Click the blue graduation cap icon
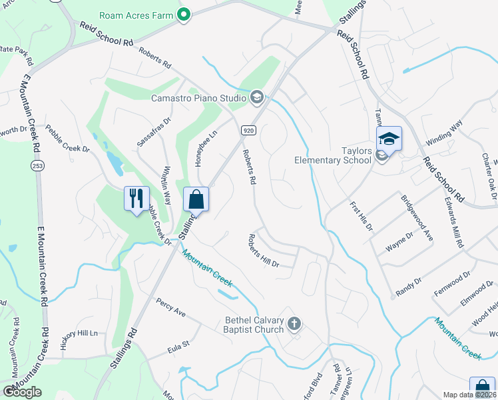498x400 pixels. click(389, 138)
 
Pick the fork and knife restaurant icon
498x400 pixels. click(136, 198)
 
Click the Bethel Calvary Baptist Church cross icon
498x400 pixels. click(294, 325)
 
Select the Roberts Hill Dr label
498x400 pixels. click(264, 251)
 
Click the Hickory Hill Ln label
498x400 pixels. click(79, 332)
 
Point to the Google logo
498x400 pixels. click(22, 392)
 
